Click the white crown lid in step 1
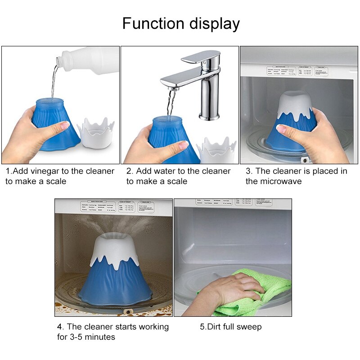point(95,132)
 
